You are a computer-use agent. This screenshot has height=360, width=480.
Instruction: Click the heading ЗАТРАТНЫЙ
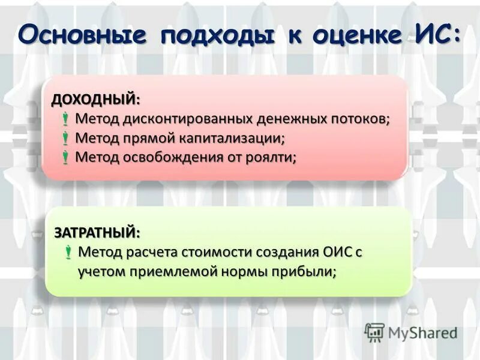point(95,232)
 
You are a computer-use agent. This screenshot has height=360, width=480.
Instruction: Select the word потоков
point(359,119)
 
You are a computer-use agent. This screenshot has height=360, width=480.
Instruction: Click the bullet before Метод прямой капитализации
point(65,139)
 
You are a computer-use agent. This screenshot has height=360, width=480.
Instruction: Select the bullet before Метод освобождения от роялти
point(65,158)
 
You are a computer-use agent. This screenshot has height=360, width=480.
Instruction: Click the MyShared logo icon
point(374,332)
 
